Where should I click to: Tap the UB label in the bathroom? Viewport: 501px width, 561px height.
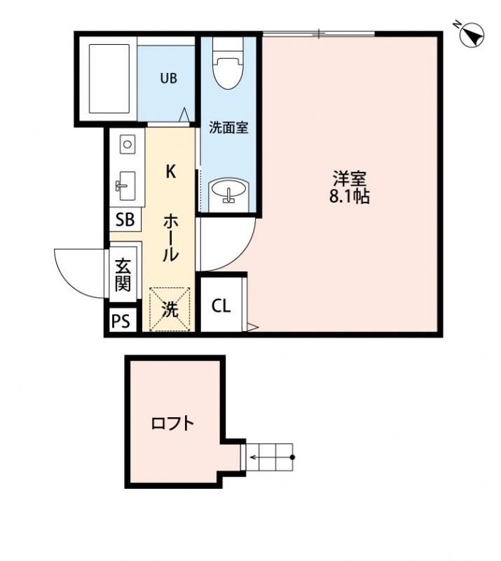167,79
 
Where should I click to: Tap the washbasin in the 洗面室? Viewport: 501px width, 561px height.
228,190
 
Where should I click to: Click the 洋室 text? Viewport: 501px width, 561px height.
349,178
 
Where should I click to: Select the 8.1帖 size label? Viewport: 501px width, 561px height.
349,197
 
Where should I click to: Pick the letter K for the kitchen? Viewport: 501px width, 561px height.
170,172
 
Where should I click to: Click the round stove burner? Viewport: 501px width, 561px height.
127,145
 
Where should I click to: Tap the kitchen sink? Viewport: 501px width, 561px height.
127,186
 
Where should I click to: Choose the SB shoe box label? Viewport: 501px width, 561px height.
125,219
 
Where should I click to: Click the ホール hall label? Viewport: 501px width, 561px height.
170,237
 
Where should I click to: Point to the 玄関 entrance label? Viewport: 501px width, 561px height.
123,275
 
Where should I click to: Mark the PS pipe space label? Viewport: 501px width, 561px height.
121,322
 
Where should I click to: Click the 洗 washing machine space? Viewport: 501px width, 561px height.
170,309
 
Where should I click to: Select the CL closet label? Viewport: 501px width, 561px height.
221,306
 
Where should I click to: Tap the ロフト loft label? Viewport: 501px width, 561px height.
172,424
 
